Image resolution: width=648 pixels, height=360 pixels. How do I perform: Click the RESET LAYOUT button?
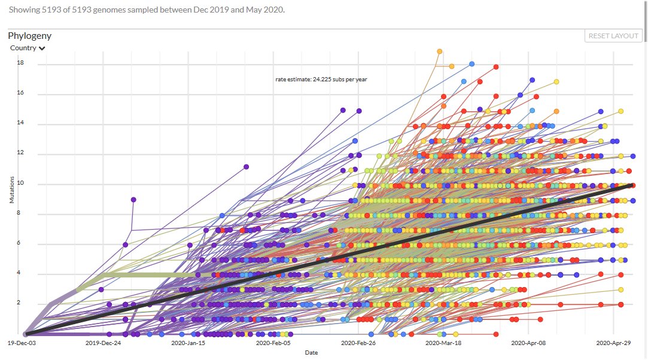(x=613, y=36)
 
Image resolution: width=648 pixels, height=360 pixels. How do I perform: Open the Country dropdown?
(x=28, y=48)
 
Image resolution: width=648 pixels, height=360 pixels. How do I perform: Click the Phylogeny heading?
(x=29, y=36)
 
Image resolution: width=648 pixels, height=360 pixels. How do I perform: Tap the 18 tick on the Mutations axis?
(x=20, y=63)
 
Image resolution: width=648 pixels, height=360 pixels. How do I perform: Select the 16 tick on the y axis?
(x=20, y=94)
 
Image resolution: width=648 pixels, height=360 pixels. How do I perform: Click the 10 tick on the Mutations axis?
(x=20, y=184)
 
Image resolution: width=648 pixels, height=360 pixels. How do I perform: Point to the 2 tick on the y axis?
(x=19, y=303)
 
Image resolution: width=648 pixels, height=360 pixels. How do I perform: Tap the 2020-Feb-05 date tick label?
(x=273, y=344)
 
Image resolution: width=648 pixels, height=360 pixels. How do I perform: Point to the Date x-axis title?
(x=311, y=353)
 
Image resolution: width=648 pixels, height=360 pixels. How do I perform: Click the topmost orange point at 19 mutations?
(x=439, y=51)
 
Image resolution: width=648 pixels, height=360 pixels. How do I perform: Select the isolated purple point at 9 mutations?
(x=133, y=200)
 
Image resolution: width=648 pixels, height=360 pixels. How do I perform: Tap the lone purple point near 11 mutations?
(x=246, y=167)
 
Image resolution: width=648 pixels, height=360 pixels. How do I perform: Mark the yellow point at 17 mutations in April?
(x=556, y=82)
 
